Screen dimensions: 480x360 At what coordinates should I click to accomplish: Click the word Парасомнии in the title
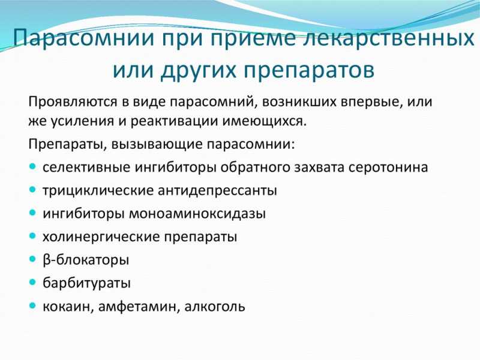(x=83, y=38)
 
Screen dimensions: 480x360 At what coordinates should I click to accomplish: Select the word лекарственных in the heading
(x=388, y=38)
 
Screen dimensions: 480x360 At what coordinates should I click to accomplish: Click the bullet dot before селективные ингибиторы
(x=33, y=167)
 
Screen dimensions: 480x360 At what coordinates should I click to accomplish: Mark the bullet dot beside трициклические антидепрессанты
(x=33, y=190)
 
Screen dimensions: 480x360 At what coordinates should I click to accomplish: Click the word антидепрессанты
(x=217, y=190)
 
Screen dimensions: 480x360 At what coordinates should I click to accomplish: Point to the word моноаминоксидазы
(x=197, y=214)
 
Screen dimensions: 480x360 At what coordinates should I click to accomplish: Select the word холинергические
(x=101, y=237)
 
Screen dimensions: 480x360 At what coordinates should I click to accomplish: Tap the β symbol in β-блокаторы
(x=47, y=260)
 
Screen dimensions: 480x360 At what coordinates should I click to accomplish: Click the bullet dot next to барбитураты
(x=33, y=282)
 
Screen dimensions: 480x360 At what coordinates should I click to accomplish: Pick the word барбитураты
(x=86, y=283)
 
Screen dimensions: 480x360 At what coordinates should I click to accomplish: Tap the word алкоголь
(x=215, y=307)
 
